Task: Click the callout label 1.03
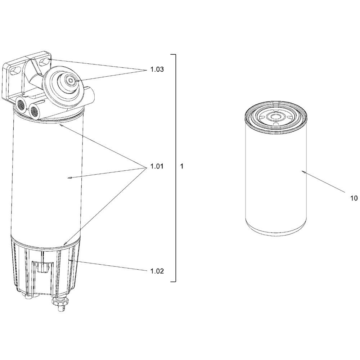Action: [157, 70]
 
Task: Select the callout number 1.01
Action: [157, 167]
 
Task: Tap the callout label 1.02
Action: [157, 271]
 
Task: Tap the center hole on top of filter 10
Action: [276, 117]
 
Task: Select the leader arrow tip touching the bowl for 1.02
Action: [68, 259]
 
